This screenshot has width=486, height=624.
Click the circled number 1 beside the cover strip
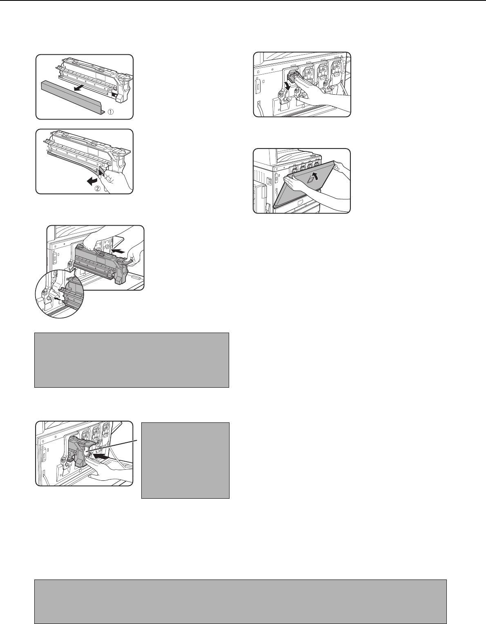111,112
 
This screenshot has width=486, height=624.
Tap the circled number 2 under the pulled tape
98,189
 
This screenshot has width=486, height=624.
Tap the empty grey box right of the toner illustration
185,460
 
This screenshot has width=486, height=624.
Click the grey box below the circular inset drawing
132,360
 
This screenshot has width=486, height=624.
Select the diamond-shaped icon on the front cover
311,180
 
